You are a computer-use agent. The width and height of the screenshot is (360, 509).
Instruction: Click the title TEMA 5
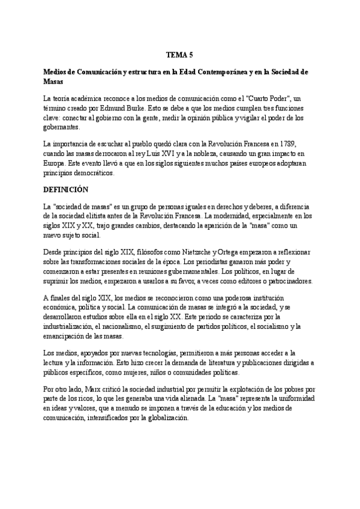[x=179, y=55]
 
